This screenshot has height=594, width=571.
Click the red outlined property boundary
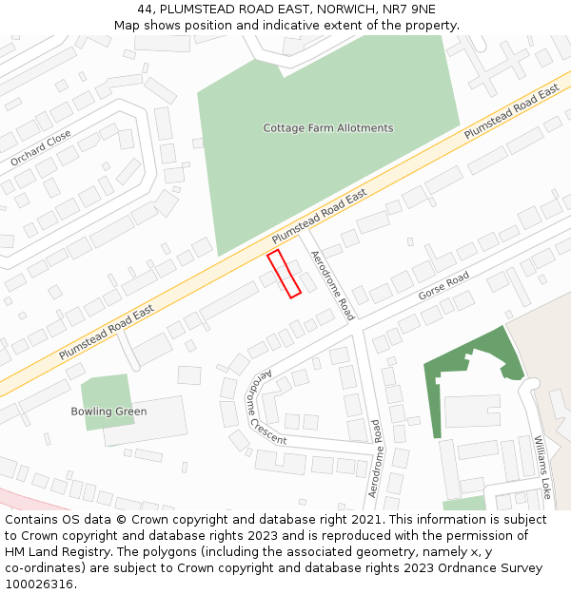[x=284, y=274]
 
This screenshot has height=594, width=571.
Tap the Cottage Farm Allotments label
[x=327, y=128]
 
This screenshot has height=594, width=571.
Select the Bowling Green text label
[x=108, y=412]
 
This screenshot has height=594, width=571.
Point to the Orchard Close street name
[x=41, y=148]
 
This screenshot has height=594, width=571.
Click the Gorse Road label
[x=443, y=285]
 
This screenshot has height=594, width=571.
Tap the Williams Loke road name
[x=542, y=468]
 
